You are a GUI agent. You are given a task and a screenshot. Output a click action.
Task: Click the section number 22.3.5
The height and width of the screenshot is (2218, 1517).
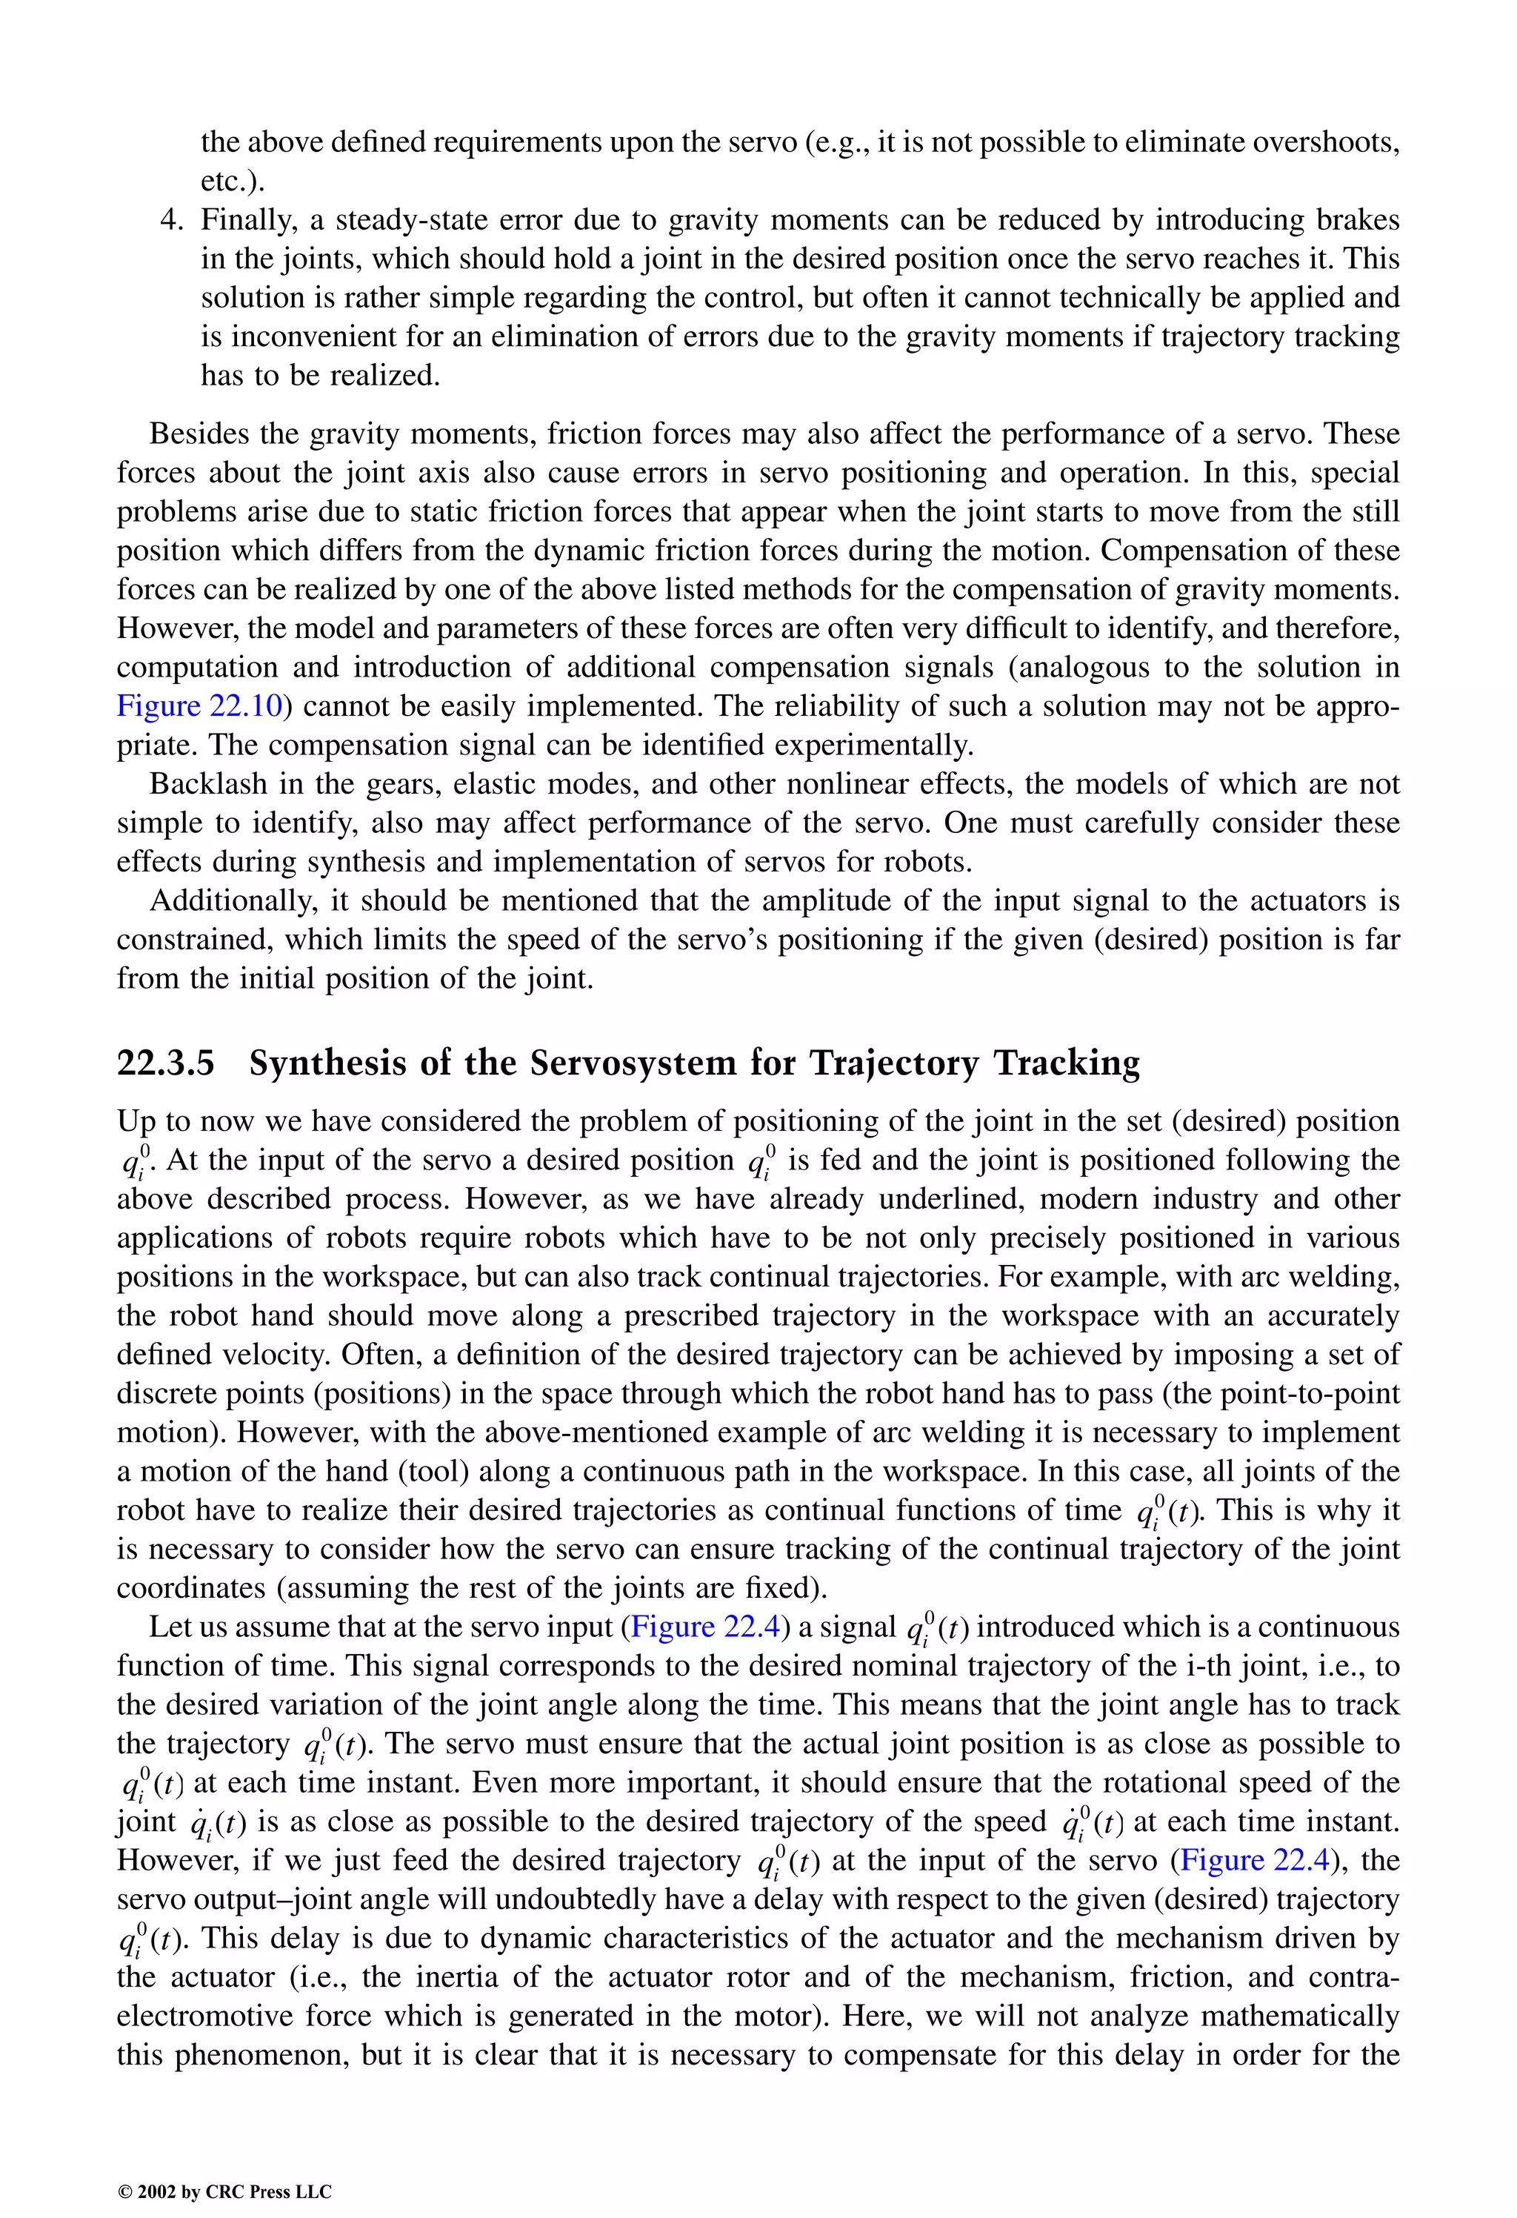pyautogui.click(x=165, y=1063)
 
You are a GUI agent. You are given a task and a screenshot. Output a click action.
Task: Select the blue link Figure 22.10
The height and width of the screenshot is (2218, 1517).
pyautogui.click(x=199, y=706)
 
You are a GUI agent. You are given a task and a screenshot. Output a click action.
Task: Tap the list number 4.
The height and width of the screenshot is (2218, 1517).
pyautogui.click(x=171, y=220)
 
